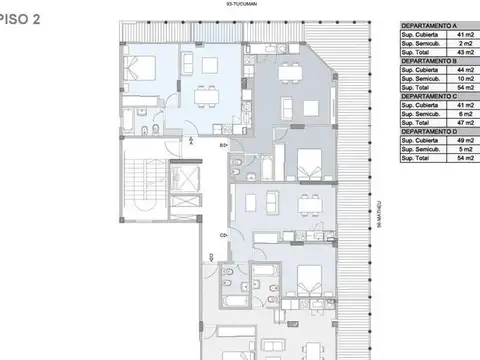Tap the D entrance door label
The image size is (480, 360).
click(x=212, y=258)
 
